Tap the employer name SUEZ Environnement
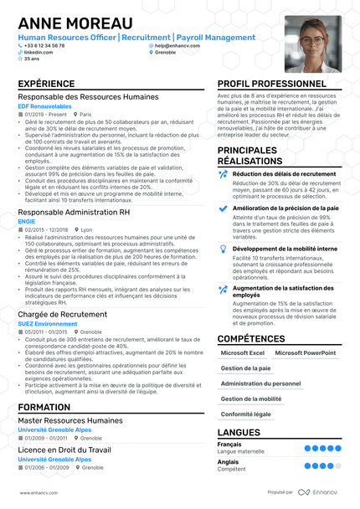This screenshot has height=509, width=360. coord(48,323)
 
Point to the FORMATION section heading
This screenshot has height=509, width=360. coord(44,407)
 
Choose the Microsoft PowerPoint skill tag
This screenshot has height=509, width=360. coord(306,353)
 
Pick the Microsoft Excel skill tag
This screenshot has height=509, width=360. coord(242,353)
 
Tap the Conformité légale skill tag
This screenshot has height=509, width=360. coord(246,414)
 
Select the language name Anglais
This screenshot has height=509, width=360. coord(229,461)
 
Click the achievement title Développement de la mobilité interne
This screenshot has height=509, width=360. coord(285,249)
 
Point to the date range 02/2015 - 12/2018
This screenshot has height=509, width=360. coord(46,229)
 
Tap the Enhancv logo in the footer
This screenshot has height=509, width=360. coord(318,493)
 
